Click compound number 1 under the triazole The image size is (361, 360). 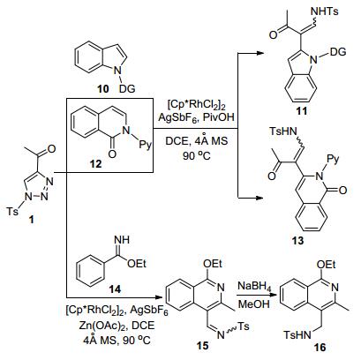point(32,219)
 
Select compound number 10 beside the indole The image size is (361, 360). point(102,88)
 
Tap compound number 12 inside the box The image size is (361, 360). point(95,163)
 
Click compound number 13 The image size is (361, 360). point(297,241)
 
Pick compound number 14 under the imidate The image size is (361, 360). point(115,289)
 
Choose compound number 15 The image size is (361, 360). point(202,346)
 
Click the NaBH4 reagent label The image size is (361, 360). point(254,287)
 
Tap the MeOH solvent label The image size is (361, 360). point(253,304)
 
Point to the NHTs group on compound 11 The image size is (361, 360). point(325,11)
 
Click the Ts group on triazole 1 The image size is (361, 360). point(12,211)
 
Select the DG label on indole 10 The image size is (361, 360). point(127,88)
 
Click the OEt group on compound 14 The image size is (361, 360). point(137,264)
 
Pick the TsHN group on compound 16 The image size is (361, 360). point(297,334)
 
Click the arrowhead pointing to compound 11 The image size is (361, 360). point(259,53)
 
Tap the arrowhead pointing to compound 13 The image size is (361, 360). point(259,198)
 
